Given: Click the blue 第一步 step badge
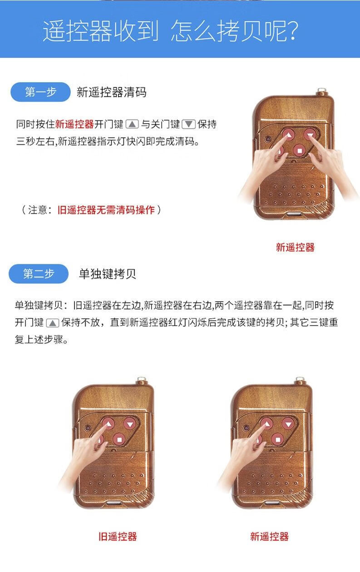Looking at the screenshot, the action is click(40, 92).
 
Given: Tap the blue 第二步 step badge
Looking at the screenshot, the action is click(39, 274).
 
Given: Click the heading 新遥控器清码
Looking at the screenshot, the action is click(112, 92).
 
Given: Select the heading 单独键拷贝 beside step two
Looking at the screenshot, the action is click(108, 274).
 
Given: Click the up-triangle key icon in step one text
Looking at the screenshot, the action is click(132, 124).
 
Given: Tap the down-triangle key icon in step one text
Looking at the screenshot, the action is click(188, 124).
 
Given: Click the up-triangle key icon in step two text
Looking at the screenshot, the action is click(53, 323).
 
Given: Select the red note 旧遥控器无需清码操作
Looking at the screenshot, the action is click(106, 210).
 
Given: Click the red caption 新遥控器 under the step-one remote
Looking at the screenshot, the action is click(295, 247).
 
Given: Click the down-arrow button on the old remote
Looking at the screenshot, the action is click(130, 424).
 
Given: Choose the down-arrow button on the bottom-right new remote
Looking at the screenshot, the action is click(288, 424).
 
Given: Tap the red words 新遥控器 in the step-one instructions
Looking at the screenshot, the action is click(74, 124).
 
